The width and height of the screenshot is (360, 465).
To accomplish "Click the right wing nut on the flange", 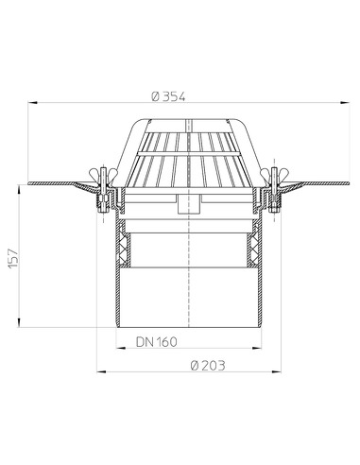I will (273, 172).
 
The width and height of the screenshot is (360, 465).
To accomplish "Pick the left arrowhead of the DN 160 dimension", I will (119, 349).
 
